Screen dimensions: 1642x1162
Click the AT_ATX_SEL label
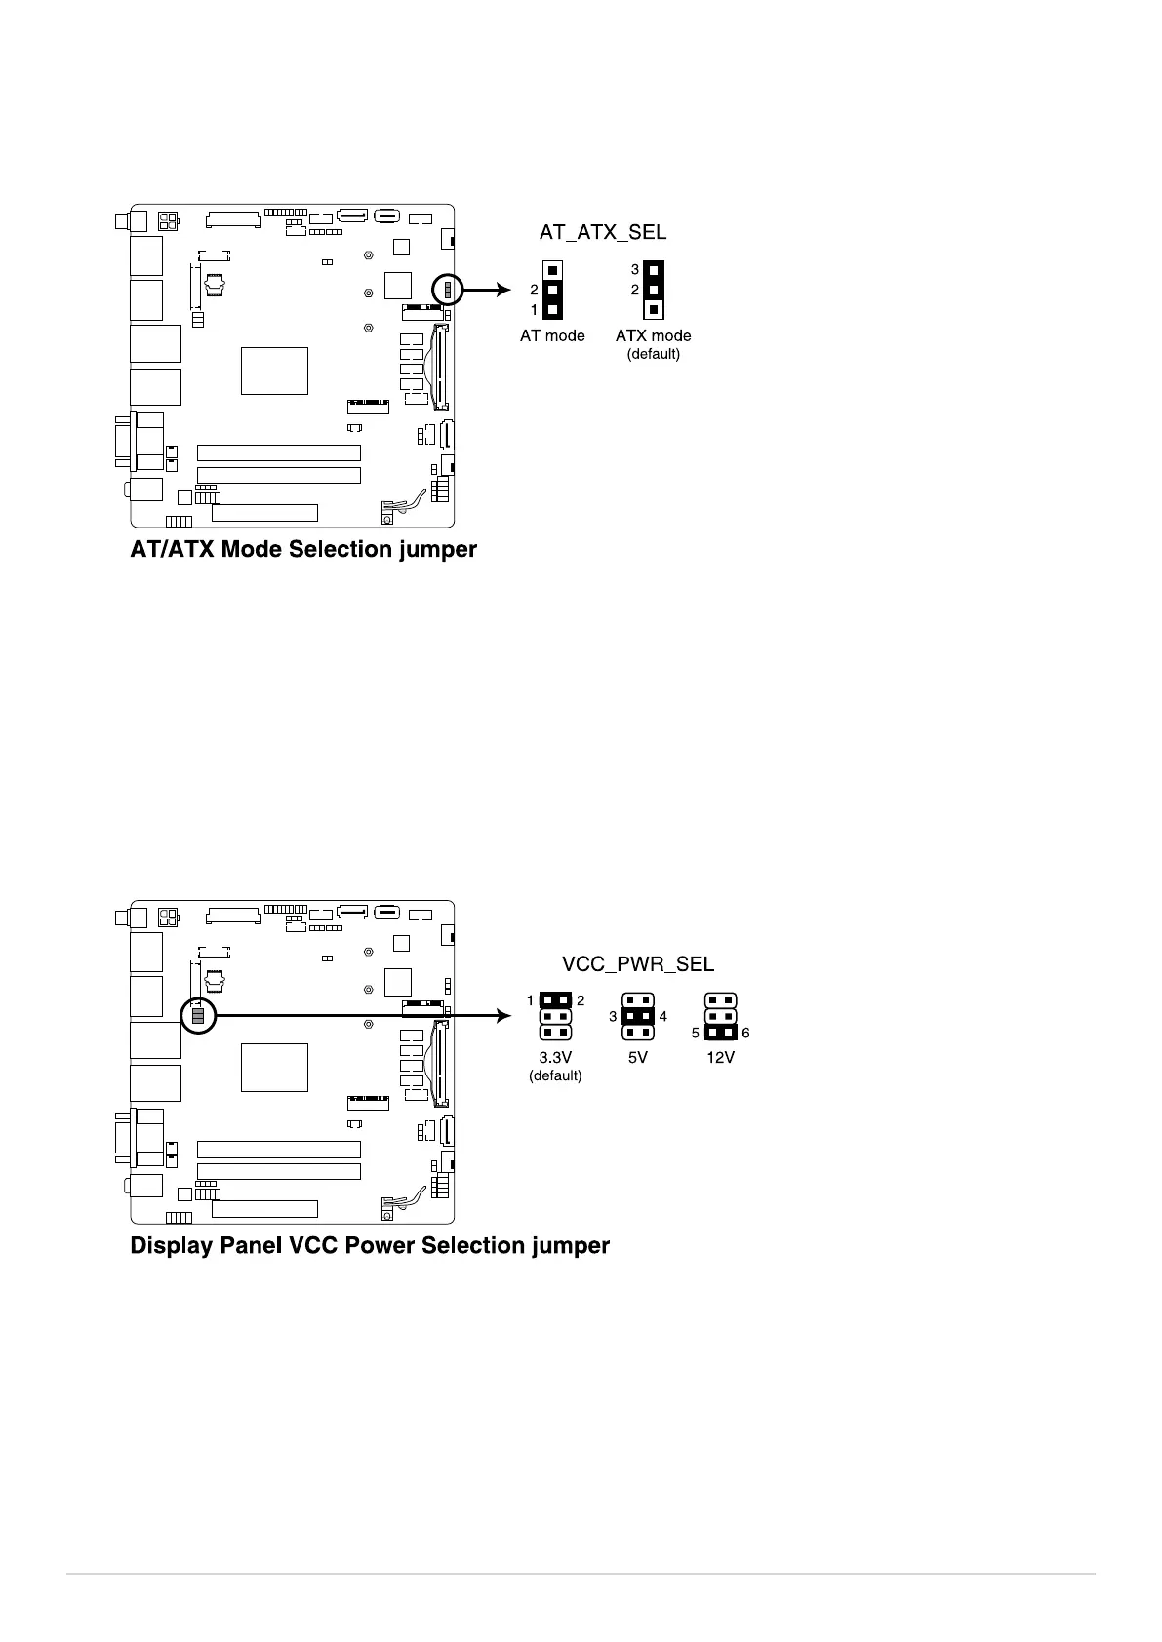coord(603,232)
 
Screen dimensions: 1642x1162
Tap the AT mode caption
coord(552,335)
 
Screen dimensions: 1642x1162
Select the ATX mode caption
coord(653,335)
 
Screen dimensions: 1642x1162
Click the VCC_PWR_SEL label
coord(638,963)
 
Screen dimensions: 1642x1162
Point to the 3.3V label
coord(555,1057)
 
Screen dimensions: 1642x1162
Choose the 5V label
coord(637,1057)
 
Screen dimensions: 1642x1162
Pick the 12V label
coord(720,1057)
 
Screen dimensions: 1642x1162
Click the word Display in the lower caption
coord(173,1246)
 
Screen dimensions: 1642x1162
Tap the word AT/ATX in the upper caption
coord(173,550)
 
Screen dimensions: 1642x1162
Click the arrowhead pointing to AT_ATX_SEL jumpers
coord(503,290)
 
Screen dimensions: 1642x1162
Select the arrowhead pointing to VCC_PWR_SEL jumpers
coord(503,1016)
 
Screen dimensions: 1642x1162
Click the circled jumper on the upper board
coord(448,290)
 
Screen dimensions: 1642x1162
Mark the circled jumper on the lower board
coord(198,1015)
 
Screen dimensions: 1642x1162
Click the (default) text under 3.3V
coord(555,1075)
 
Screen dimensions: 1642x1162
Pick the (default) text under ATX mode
coord(653,353)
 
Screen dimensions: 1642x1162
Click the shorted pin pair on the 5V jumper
coord(638,1016)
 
